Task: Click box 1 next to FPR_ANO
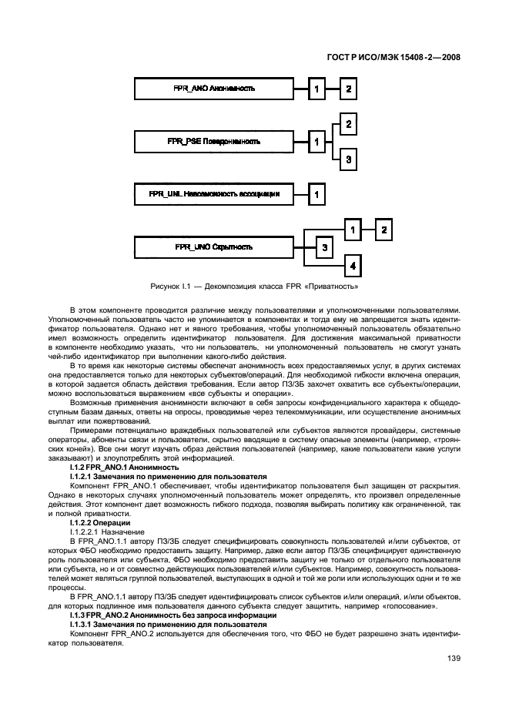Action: pyautogui.click(x=317, y=89)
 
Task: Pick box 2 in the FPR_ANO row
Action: pyautogui.click(x=349, y=89)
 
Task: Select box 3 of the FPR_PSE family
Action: pyautogui.click(x=349, y=159)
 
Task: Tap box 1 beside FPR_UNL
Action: pyautogui.click(x=317, y=194)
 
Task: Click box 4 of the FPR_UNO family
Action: pyautogui.click(x=352, y=266)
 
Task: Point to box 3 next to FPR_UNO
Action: pyautogui.click(x=325, y=247)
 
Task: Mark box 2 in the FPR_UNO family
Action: pyautogui.click(x=383, y=230)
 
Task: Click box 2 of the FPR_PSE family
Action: pyautogui.click(x=349, y=124)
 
